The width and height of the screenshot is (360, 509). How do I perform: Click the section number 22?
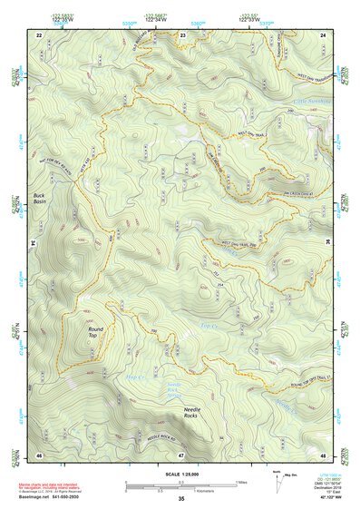[x=38, y=34]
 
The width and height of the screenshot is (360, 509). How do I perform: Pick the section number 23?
[x=182, y=34]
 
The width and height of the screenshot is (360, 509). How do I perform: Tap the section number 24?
[x=323, y=34]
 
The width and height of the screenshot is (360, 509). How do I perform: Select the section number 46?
[x=38, y=453]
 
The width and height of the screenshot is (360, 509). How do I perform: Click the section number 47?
[x=181, y=453]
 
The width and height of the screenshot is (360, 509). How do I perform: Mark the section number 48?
[x=323, y=453]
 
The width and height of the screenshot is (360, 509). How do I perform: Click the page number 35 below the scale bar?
[x=181, y=498]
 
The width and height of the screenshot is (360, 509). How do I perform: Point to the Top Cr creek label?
[x=209, y=324]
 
